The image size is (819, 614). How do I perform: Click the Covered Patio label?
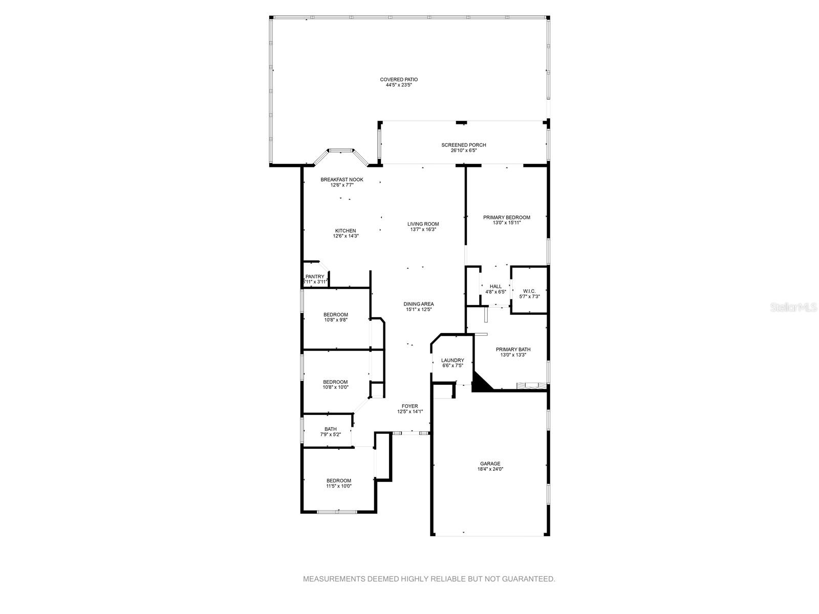point(399,80)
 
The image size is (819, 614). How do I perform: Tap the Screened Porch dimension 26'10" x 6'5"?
point(463,151)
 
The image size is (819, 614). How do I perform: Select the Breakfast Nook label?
point(342,180)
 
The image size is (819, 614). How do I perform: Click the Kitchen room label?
point(346,231)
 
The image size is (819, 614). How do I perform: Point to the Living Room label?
point(423,224)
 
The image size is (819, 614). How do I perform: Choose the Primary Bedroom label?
point(507,217)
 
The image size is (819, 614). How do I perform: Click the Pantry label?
point(315,277)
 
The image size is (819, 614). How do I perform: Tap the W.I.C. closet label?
point(529,291)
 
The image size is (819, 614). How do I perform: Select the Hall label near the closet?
point(495,287)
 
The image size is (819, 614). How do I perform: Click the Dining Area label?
point(419,304)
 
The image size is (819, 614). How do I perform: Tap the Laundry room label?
point(452,360)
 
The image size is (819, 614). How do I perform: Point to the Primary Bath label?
point(509,349)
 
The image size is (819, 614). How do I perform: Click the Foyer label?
point(409,406)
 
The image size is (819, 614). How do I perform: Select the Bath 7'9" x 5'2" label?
point(330,429)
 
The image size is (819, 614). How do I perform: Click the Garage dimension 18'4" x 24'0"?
point(490,469)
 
